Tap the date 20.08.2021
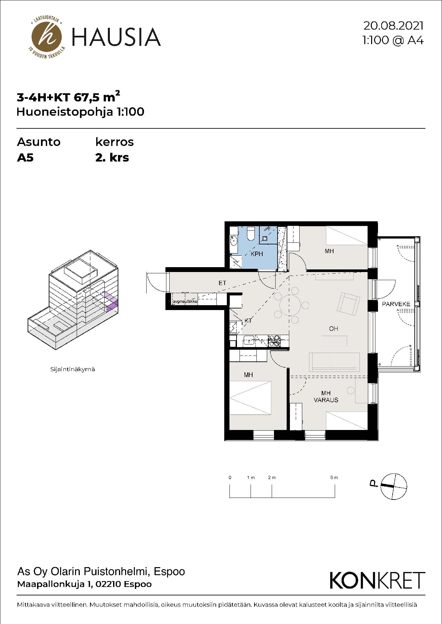click(393, 25)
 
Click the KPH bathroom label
click(257, 254)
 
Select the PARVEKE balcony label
click(396, 304)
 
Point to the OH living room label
click(333, 329)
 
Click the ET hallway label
click(222, 283)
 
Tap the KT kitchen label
click(248, 321)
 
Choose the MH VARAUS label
click(326, 396)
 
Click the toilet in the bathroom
click(251, 234)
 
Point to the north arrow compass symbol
click(393, 486)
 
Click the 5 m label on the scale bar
click(334, 478)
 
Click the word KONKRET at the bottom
click(377, 580)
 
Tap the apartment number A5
click(25, 158)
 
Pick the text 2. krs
click(112, 158)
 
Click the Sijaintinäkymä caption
click(72, 369)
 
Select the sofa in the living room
click(335, 362)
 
